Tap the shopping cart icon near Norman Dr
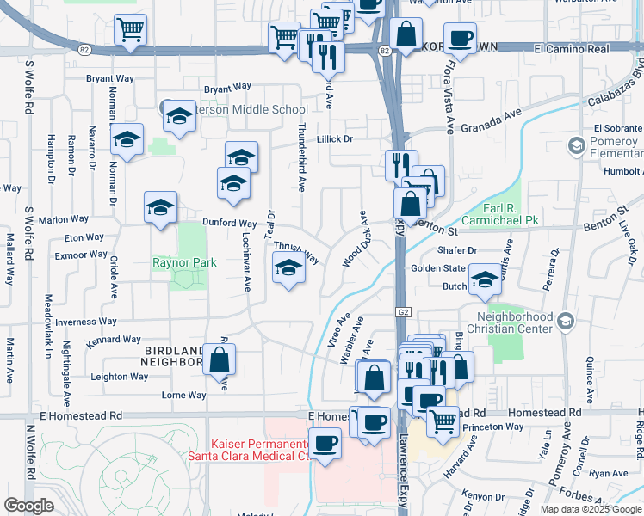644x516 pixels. [x=130, y=31]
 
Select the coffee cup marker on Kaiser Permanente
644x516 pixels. [x=324, y=444]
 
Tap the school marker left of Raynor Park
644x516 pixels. [x=160, y=208]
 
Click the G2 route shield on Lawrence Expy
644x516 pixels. [x=401, y=310]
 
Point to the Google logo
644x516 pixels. [x=28, y=506]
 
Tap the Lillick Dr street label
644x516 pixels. [x=335, y=138]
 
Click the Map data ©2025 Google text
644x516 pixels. [x=591, y=509]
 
